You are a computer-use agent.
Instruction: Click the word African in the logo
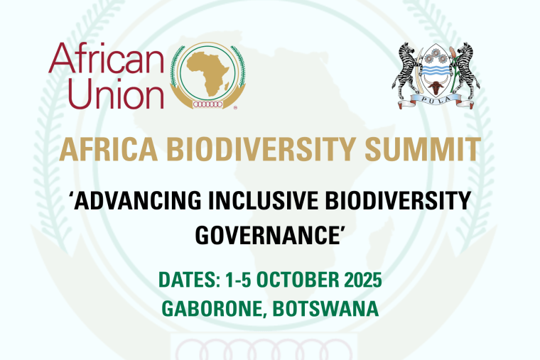point(106,58)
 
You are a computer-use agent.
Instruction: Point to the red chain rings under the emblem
point(207,104)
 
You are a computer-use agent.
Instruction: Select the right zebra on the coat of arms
point(465,70)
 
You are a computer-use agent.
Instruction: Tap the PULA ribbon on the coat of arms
point(436,102)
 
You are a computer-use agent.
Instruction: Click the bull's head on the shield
point(436,86)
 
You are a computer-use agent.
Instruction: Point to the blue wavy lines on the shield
point(436,70)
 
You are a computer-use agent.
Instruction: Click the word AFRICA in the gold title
point(109,149)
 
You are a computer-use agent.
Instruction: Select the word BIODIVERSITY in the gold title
point(261,149)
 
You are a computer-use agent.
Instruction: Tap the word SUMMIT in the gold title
point(423,149)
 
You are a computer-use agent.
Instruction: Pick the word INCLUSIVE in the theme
point(264,200)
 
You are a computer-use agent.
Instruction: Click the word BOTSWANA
point(325,309)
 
